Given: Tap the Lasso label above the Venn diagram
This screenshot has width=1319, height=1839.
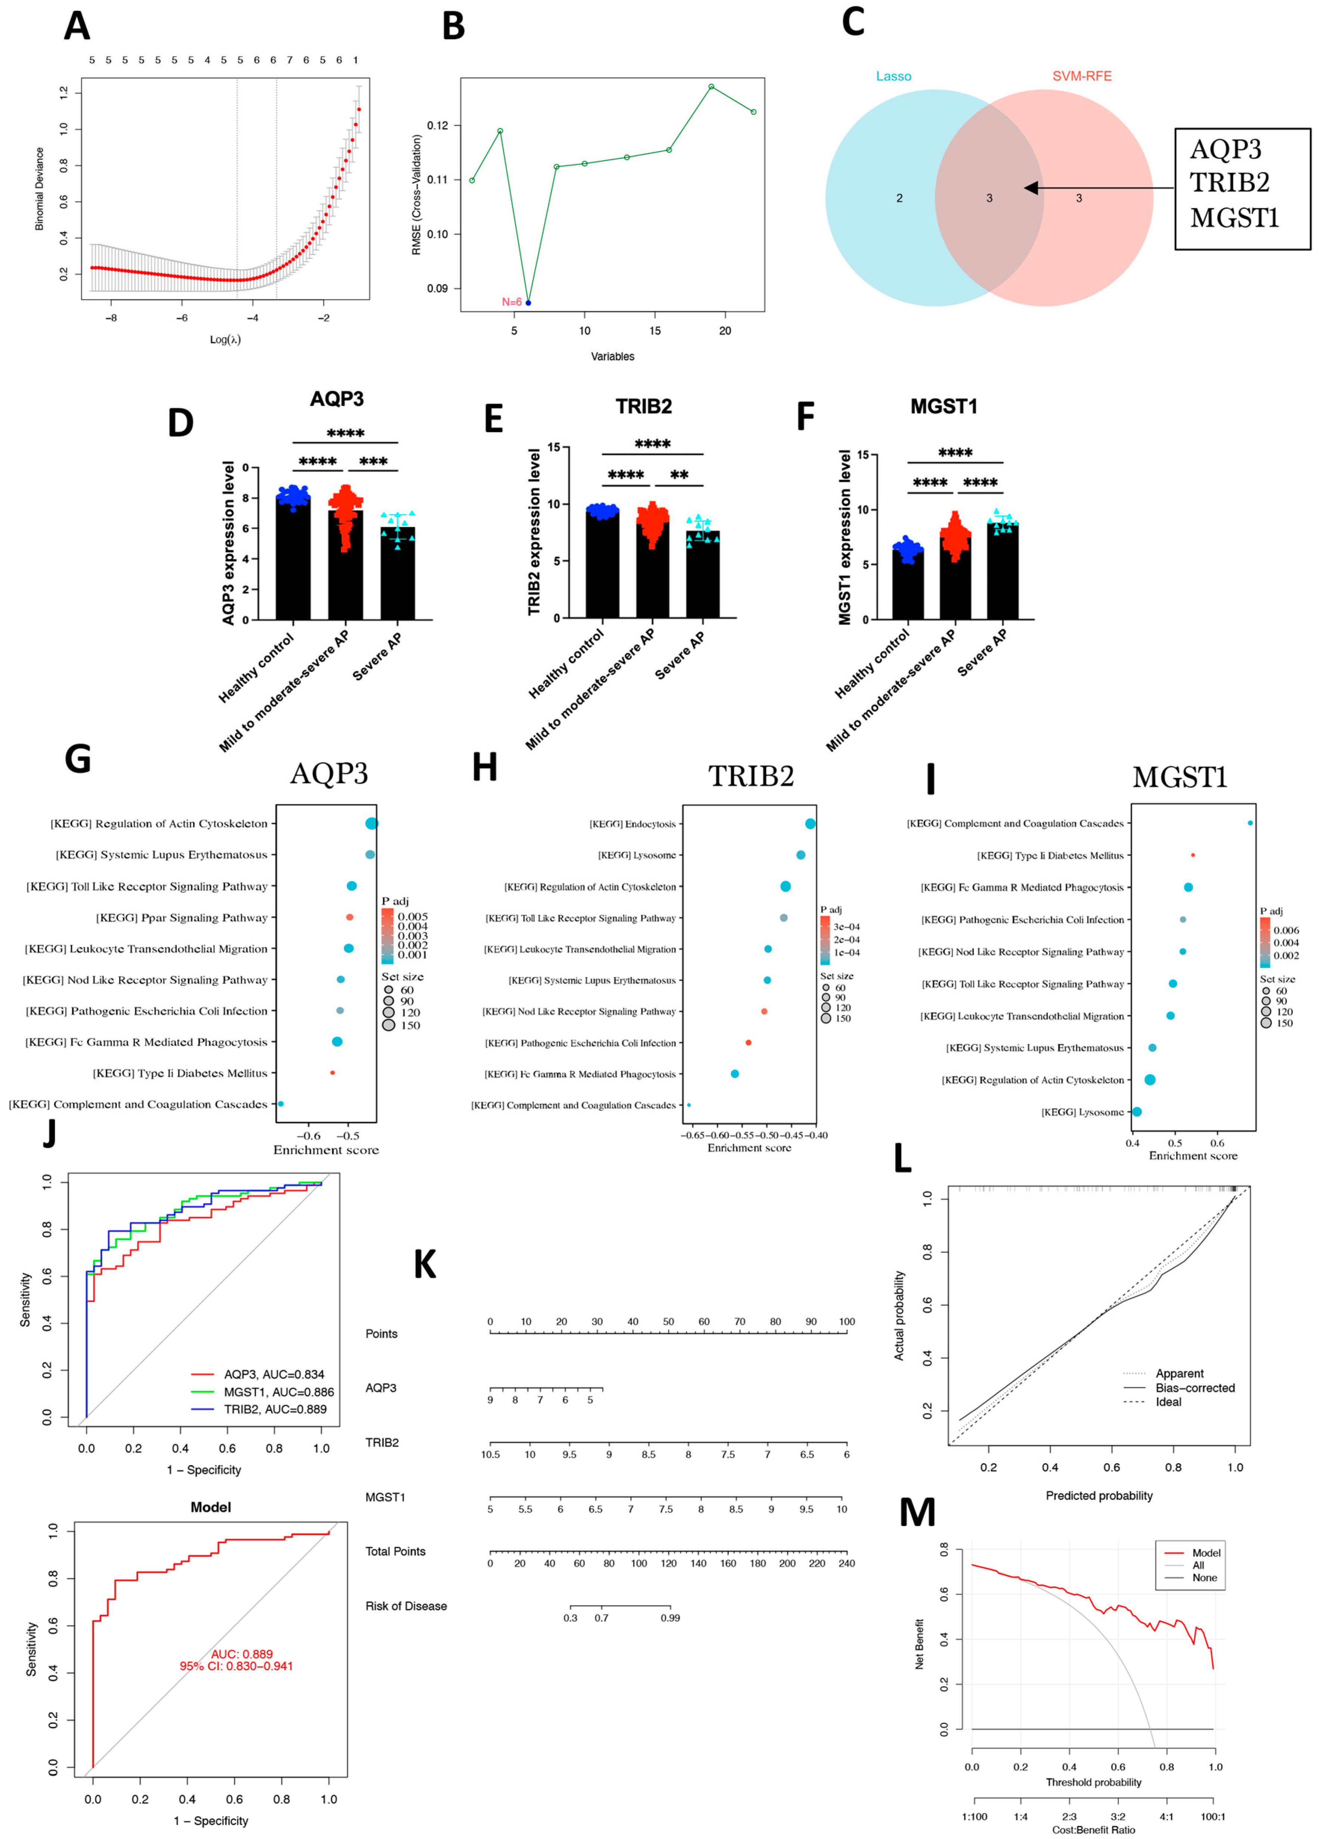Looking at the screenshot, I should click(x=893, y=76).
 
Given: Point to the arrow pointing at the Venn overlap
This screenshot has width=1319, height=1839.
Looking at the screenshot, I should click(x=1099, y=188).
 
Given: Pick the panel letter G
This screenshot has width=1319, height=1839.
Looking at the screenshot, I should click(x=78, y=760).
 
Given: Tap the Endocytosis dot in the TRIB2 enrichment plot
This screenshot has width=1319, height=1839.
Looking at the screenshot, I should click(x=810, y=824).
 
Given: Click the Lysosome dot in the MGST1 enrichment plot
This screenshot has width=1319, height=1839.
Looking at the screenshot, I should click(x=1137, y=1112).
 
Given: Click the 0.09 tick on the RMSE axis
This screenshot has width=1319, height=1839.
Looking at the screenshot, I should click(x=438, y=289).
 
